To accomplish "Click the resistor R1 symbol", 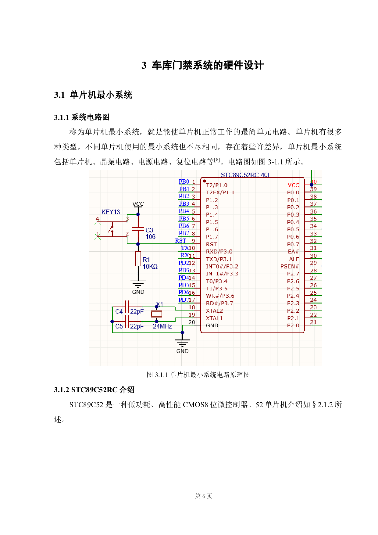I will (x=138, y=259).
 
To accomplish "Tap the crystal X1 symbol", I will (x=157, y=314).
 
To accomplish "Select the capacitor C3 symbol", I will (x=138, y=229).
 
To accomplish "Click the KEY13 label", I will (x=111, y=212).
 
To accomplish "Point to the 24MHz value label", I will (x=162, y=326).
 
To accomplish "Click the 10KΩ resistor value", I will (x=150, y=267).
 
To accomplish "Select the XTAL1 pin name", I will (x=214, y=318).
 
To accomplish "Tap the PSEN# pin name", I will (x=290, y=266).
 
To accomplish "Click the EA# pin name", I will (x=293, y=252).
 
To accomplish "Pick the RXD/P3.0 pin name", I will (x=219, y=252).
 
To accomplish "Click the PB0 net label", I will (x=184, y=182).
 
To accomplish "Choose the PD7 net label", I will (x=184, y=300).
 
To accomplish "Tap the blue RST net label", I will (x=180, y=241).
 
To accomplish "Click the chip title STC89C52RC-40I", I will (x=245, y=175).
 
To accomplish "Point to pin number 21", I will (x=313, y=322).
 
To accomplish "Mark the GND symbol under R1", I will (x=138, y=284).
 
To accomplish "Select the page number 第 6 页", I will (x=203, y=496).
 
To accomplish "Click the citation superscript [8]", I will (x=217, y=160).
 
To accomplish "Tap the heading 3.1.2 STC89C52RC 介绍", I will (x=94, y=390).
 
